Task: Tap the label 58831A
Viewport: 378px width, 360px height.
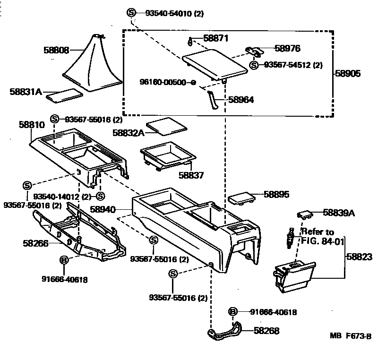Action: pyautogui.click(x=26, y=92)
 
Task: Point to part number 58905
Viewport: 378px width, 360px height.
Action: pyautogui.click(x=348, y=74)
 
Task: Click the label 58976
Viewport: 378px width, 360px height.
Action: pyautogui.click(x=287, y=49)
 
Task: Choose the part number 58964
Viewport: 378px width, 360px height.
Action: pyautogui.click(x=241, y=100)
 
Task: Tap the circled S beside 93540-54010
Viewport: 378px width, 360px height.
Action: pyautogui.click(x=132, y=14)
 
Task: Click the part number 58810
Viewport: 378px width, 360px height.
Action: pyautogui.click(x=32, y=125)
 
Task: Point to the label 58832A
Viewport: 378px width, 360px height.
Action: pyautogui.click(x=128, y=133)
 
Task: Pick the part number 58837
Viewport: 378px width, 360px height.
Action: pyautogui.click(x=191, y=175)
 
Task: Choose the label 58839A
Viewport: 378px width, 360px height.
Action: pyautogui.click(x=339, y=213)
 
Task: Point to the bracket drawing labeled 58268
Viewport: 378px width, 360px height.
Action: pyautogui.click(x=225, y=332)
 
